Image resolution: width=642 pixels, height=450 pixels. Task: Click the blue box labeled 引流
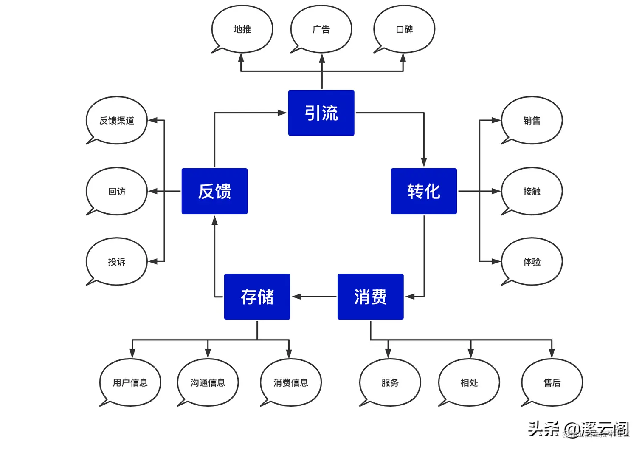321,113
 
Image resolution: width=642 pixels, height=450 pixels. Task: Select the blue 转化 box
423,191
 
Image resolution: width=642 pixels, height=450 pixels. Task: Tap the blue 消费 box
370,297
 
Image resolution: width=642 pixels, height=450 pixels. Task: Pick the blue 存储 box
257,297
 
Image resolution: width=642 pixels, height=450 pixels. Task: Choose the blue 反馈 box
214,191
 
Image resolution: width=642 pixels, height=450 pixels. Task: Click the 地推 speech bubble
242,29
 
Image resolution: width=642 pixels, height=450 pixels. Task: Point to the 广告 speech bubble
321,29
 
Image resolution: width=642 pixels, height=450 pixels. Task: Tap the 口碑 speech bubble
404,29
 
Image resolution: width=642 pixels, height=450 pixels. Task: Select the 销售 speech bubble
532,120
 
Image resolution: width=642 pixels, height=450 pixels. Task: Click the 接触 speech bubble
532,191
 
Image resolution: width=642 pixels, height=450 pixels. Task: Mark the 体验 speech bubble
532,261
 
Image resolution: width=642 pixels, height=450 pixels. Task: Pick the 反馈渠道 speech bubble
117,120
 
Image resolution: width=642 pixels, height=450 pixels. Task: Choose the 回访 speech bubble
117,191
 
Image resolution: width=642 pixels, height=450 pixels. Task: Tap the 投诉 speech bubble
117,261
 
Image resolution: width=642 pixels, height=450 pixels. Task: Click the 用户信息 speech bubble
130,382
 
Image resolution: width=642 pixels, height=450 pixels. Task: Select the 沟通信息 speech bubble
208,382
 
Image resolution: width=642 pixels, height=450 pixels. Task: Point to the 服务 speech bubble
390,382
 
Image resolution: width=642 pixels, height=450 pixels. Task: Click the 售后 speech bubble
552,382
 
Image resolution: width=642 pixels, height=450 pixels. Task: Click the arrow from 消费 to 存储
314,297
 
